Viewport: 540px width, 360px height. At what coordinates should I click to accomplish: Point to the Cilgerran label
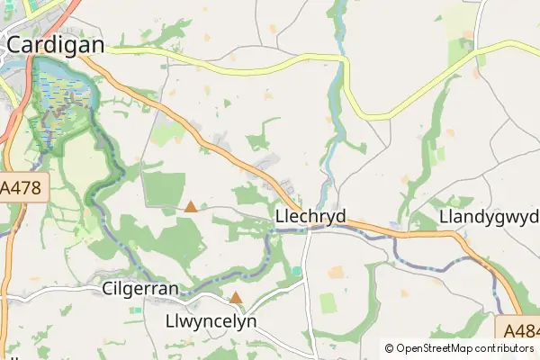coord(140,289)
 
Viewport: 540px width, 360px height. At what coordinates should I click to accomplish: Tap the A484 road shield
coord(518,329)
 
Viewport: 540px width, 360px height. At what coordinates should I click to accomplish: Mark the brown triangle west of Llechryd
coord(191,206)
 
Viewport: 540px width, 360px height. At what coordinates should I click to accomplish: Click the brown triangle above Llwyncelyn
coord(236,297)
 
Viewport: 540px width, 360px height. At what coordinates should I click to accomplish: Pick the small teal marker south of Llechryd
coord(297,271)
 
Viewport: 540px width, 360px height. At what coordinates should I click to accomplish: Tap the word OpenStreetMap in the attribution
coord(440,348)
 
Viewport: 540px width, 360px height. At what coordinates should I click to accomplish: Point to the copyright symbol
coord(390,348)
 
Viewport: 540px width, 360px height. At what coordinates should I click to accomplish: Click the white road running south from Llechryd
coord(307,288)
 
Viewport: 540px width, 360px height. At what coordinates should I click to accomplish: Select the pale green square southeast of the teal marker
coord(328,303)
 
